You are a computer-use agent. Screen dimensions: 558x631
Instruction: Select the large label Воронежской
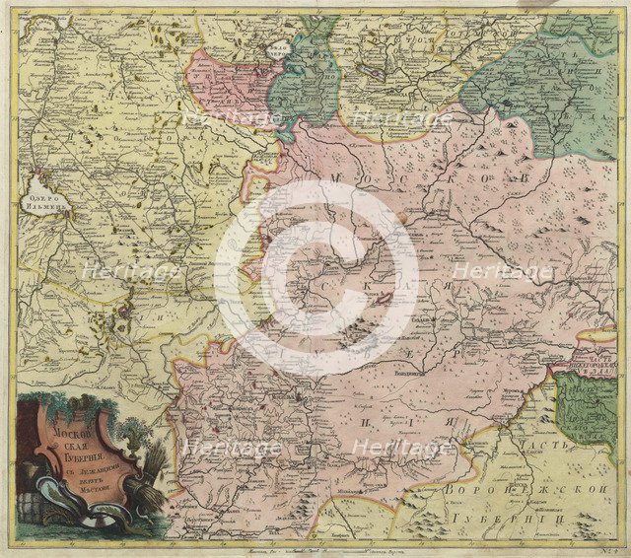click(x=524, y=488)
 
